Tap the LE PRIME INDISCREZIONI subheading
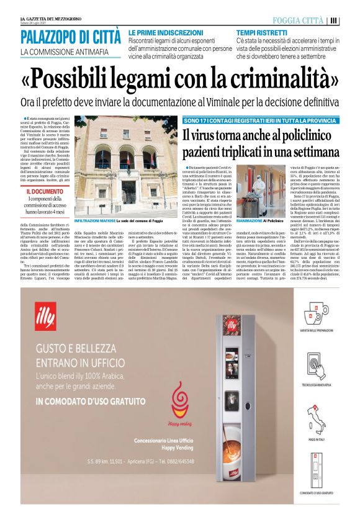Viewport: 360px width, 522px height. click(163, 32)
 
